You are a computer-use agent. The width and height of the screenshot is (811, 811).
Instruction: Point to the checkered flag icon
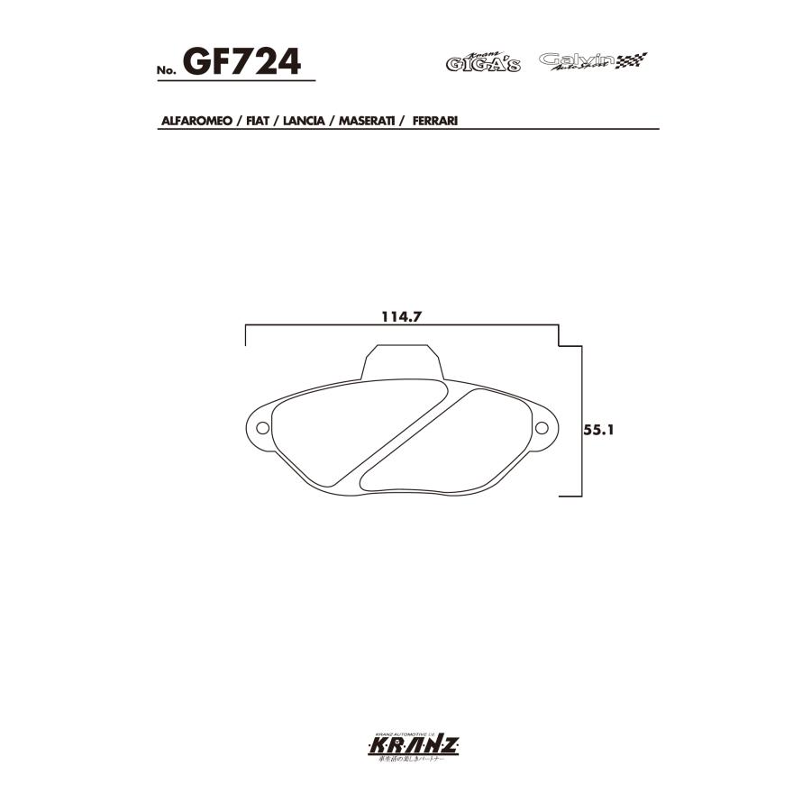(632, 60)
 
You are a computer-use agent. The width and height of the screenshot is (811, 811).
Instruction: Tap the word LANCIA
(306, 120)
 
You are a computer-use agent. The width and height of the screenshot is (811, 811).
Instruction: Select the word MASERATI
(369, 120)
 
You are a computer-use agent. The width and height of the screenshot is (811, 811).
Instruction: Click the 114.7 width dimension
(402, 317)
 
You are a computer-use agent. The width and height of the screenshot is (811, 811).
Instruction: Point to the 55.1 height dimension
(598, 431)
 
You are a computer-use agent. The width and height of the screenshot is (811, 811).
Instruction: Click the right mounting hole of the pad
(542, 427)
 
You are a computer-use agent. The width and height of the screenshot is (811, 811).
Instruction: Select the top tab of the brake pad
(402, 363)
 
